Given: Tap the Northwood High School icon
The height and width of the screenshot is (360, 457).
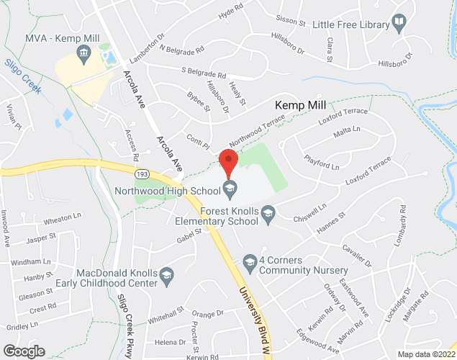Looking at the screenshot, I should (x=230, y=189).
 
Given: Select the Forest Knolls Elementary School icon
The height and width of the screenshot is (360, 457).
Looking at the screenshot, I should (x=268, y=212).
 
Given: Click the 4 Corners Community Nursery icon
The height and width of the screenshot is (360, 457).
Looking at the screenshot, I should (x=250, y=261).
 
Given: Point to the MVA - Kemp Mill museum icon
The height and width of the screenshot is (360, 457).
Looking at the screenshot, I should (x=84, y=53).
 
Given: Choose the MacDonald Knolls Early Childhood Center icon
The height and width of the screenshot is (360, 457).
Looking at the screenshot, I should (x=166, y=274).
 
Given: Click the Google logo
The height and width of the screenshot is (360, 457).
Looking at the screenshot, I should (x=24, y=351).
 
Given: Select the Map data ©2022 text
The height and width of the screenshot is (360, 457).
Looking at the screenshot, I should (x=426, y=354).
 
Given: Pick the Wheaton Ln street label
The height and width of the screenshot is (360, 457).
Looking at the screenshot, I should (x=63, y=216).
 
